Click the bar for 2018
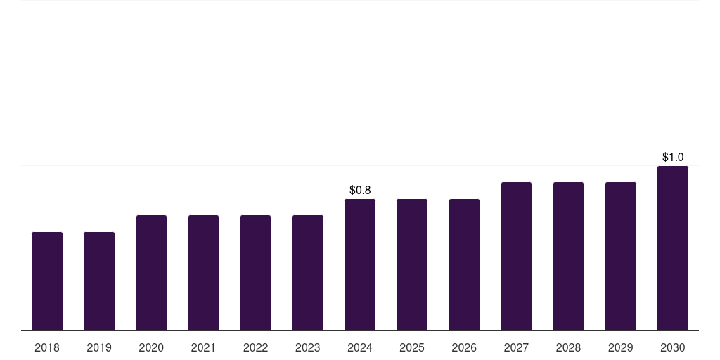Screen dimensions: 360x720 pyautogui.click(x=47, y=281)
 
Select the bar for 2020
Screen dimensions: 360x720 pyautogui.click(x=151, y=273)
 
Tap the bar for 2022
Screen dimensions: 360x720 pyautogui.click(x=255, y=273)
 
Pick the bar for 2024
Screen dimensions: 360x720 pyautogui.click(x=360, y=264)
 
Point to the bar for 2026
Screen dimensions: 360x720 pyautogui.click(x=464, y=264)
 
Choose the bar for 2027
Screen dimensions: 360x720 pyautogui.click(x=516, y=257)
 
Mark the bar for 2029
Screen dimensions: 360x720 pyautogui.click(x=621, y=257)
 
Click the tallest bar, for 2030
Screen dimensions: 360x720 pyautogui.click(x=673, y=248)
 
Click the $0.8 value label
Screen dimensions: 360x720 pyautogui.click(x=360, y=190)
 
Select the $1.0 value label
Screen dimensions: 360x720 pyautogui.click(x=673, y=157)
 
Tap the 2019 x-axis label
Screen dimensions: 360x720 pyautogui.click(x=99, y=347)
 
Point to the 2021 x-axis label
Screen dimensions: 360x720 pyautogui.click(x=203, y=347)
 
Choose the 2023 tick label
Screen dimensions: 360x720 pyautogui.click(x=308, y=347)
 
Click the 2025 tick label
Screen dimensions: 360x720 pyautogui.click(x=412, y=347)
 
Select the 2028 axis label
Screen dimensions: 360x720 pyautogui.click(x=568, y=347)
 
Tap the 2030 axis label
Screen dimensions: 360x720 pyautogui.click(x=673, y=347)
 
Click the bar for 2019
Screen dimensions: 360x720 pyautogui.click(x=99, y=281)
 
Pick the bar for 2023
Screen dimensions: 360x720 pyautogui.click(x=308, y=273)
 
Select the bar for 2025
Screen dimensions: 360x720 pyautogui.click(x=412, y=264)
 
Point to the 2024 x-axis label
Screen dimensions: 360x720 pyautogui.click(x=360, y=347)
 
